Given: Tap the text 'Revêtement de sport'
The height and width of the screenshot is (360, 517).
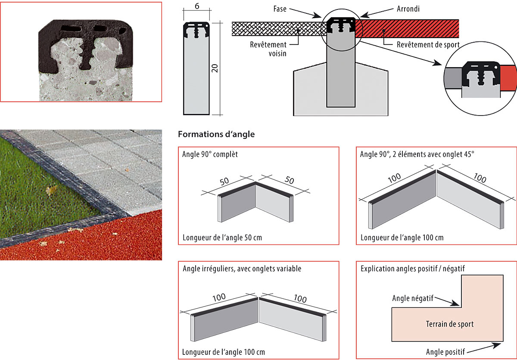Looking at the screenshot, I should pyautogui.click(x=428, y=44).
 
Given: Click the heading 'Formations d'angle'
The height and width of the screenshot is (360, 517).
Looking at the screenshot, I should pyautogui.click(x=216, y=135).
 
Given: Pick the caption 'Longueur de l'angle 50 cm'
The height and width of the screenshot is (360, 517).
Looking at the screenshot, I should pyautogui.click(x=222, y=238).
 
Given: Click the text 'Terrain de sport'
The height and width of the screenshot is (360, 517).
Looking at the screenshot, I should pyautogui.click(x=449, y=324).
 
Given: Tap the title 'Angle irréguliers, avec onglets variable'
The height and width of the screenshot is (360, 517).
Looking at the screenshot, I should pyautogui.click(x=242, y=269).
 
